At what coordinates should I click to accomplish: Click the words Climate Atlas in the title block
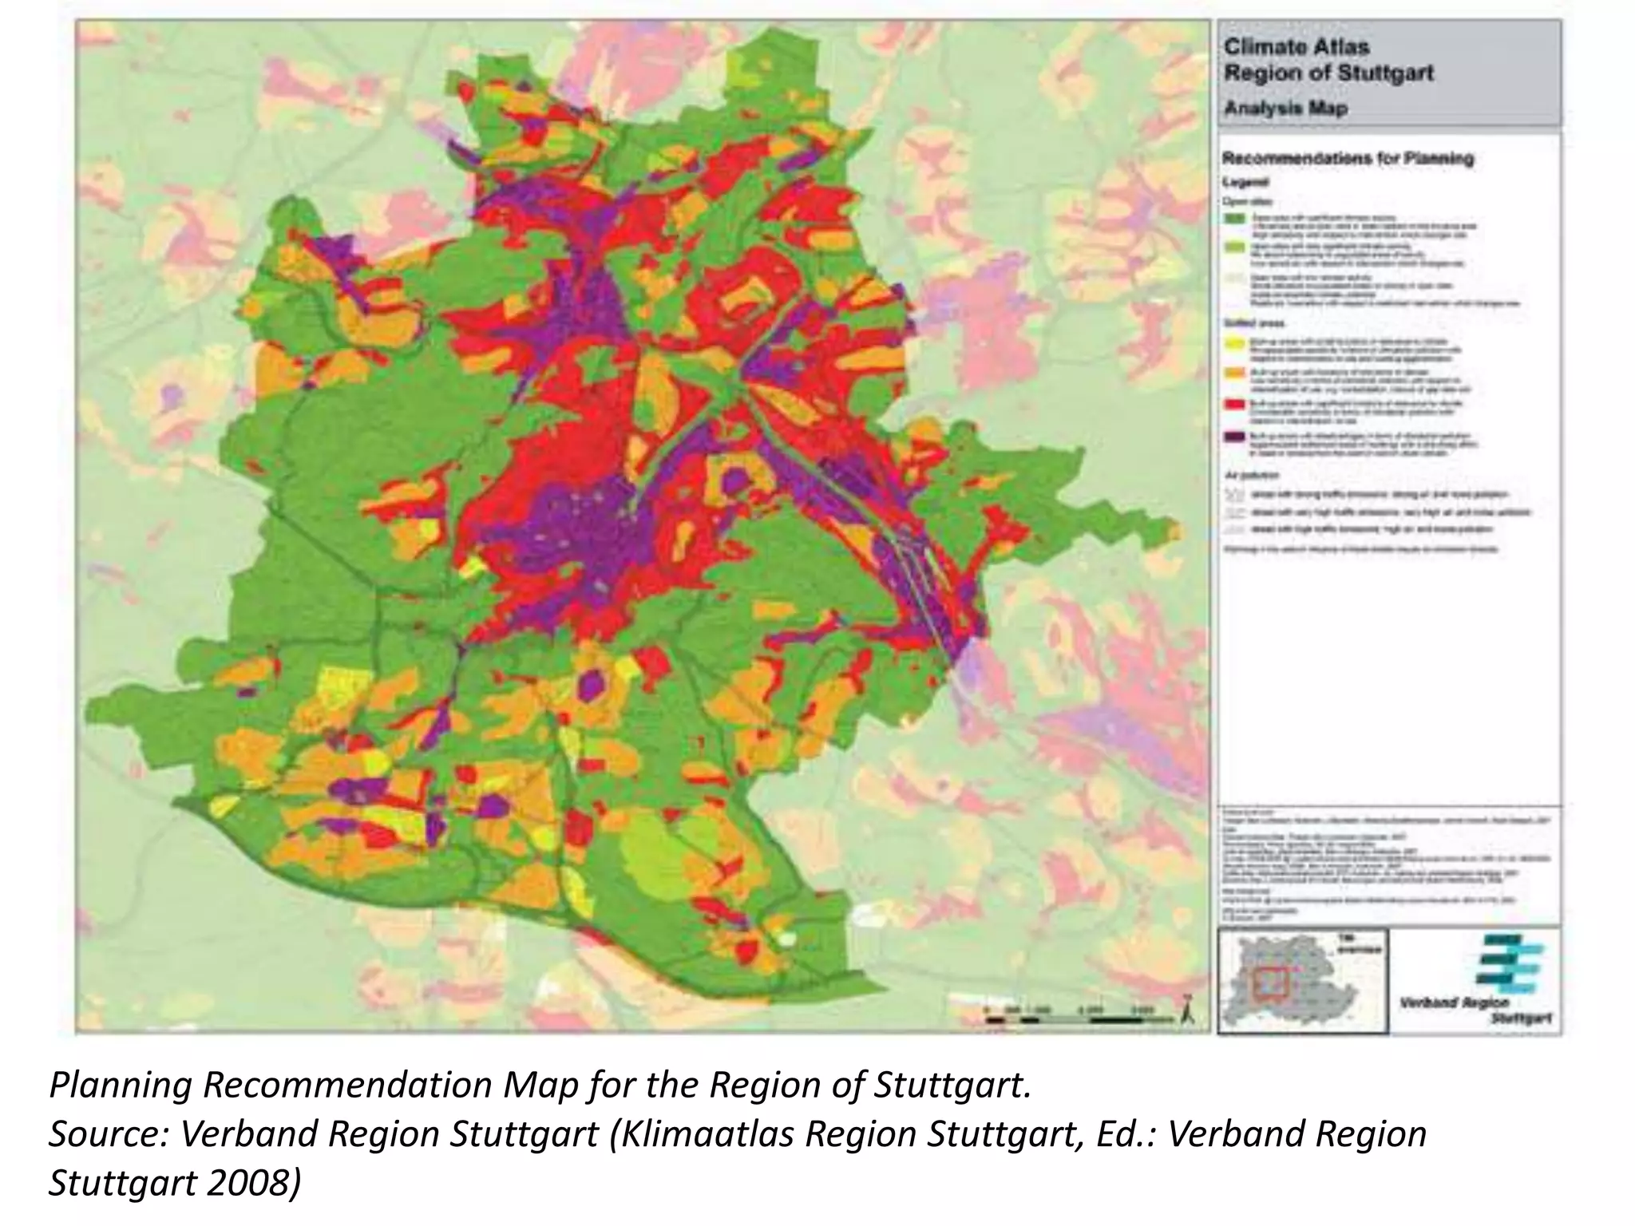click(x=1297, y=47)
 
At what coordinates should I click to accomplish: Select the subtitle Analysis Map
click(x=1285, y=108)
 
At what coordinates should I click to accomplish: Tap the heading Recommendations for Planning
click(x=1348, y=158)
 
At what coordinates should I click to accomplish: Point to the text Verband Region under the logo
click(x=1454, y=1003)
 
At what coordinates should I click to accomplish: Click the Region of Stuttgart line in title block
click(x=1328, y=73)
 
